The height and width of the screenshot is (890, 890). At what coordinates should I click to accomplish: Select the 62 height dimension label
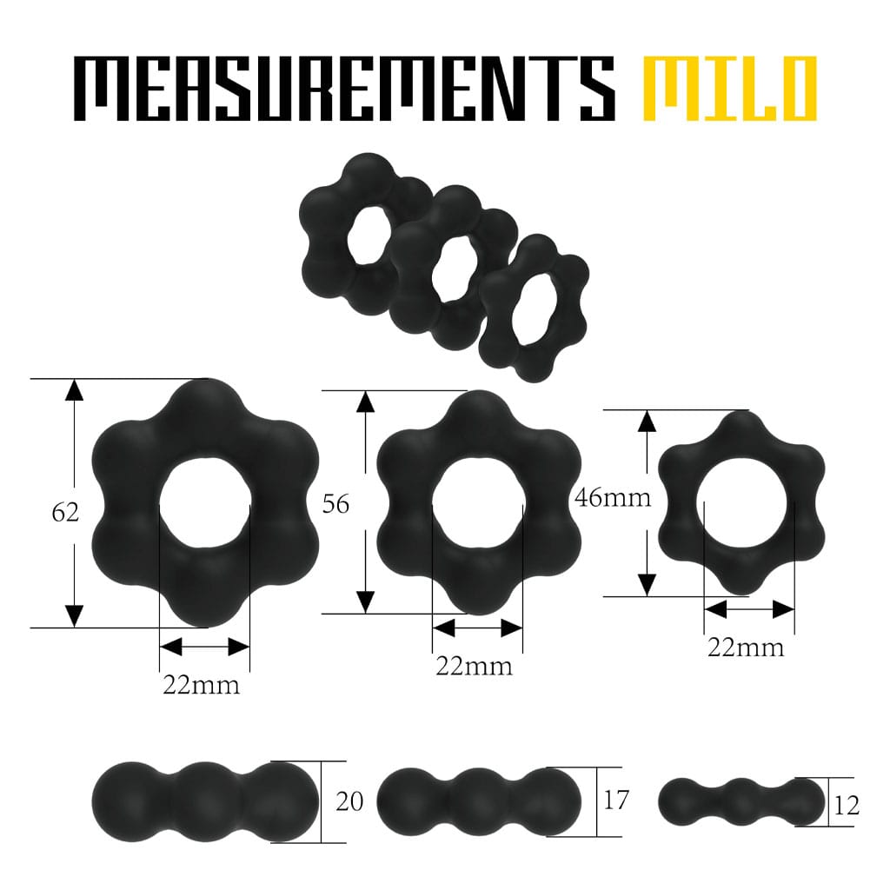64,513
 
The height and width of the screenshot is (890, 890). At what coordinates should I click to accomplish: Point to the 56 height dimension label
335,504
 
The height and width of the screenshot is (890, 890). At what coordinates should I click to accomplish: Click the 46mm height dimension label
613,497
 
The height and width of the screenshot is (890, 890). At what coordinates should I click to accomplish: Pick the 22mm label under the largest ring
202,685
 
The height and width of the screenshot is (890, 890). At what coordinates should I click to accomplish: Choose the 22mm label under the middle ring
474,666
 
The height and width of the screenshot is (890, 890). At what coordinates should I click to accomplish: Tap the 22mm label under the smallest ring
745,648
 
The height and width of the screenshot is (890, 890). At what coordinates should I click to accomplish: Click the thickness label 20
349,800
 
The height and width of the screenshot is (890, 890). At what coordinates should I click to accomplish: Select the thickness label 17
616,800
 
